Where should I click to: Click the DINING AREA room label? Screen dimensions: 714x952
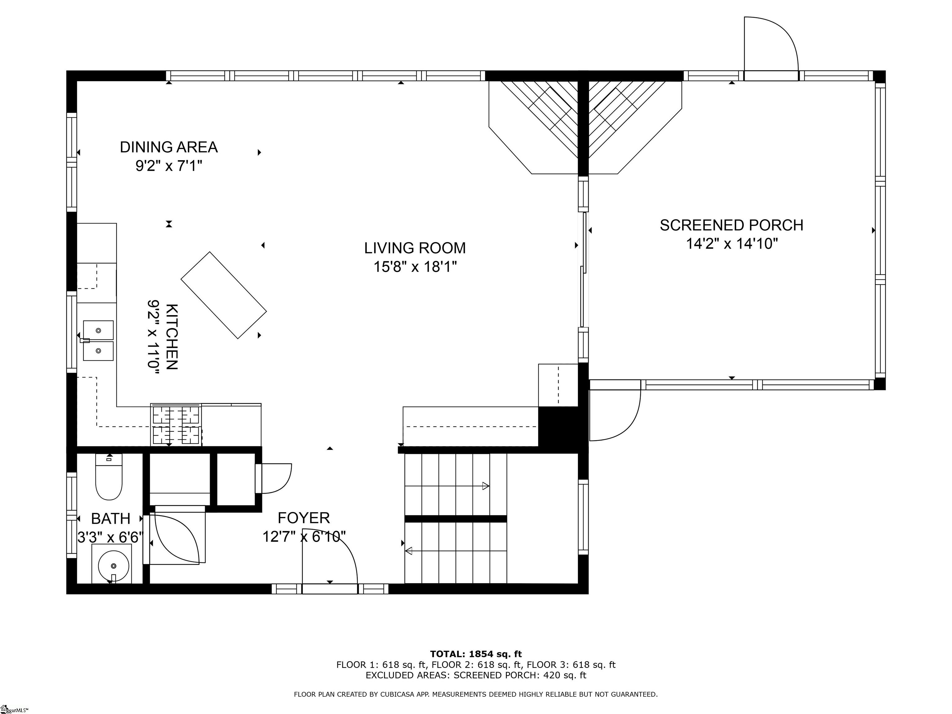[x=168, y=147]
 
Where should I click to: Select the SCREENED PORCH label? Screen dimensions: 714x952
[x=731, y=225]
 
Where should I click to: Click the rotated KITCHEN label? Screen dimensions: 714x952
[x=172, y=337]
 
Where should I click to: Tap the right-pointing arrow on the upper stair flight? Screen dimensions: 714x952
[x=486, y=486]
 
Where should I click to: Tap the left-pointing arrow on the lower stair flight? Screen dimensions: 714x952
[x=408, y=550]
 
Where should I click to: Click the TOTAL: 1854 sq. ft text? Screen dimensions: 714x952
[x=476, y=654]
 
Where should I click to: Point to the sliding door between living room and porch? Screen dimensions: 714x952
[x=583, y=269]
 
